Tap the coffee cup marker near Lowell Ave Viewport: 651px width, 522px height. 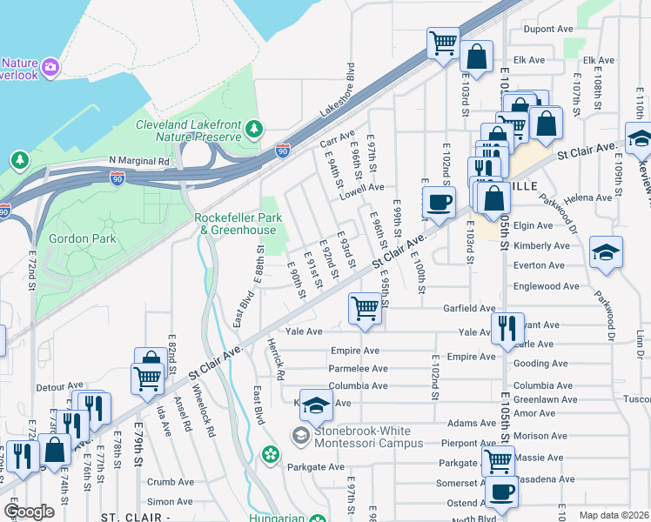click(x=439, y=202)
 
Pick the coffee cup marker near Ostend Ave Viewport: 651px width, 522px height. click(x=500, y=491)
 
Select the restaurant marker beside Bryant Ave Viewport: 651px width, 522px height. click(x=507, y=328)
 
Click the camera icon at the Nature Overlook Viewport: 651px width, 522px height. click(x=50, y=66)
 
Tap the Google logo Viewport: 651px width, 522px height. click(x=29, y=512)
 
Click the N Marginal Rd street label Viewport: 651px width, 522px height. click(x=139, y=161)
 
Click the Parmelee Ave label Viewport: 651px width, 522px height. click(x=359, y=369)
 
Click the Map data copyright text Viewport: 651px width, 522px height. click(x=614, y=514)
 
